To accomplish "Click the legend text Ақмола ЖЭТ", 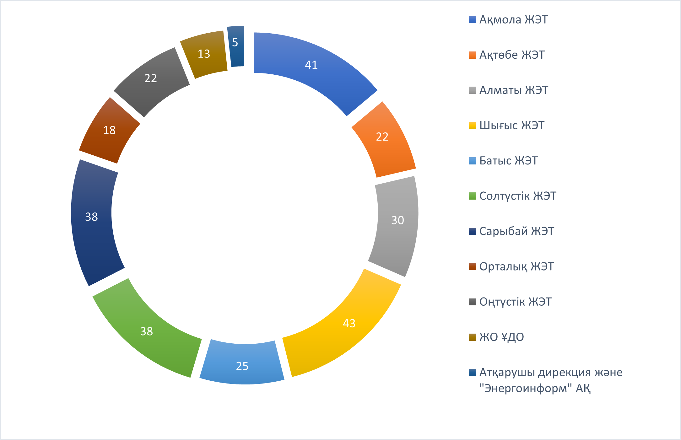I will [513, 20].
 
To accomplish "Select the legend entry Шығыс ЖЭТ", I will [512, 126].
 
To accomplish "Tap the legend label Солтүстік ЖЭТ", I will [518, 196].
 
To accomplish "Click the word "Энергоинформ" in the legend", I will [526, 389].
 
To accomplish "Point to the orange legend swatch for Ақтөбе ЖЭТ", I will [473, 55].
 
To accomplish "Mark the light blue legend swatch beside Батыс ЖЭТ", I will [473, 161].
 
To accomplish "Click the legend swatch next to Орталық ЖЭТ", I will [473, 267].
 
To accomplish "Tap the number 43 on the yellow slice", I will [349, 323].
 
